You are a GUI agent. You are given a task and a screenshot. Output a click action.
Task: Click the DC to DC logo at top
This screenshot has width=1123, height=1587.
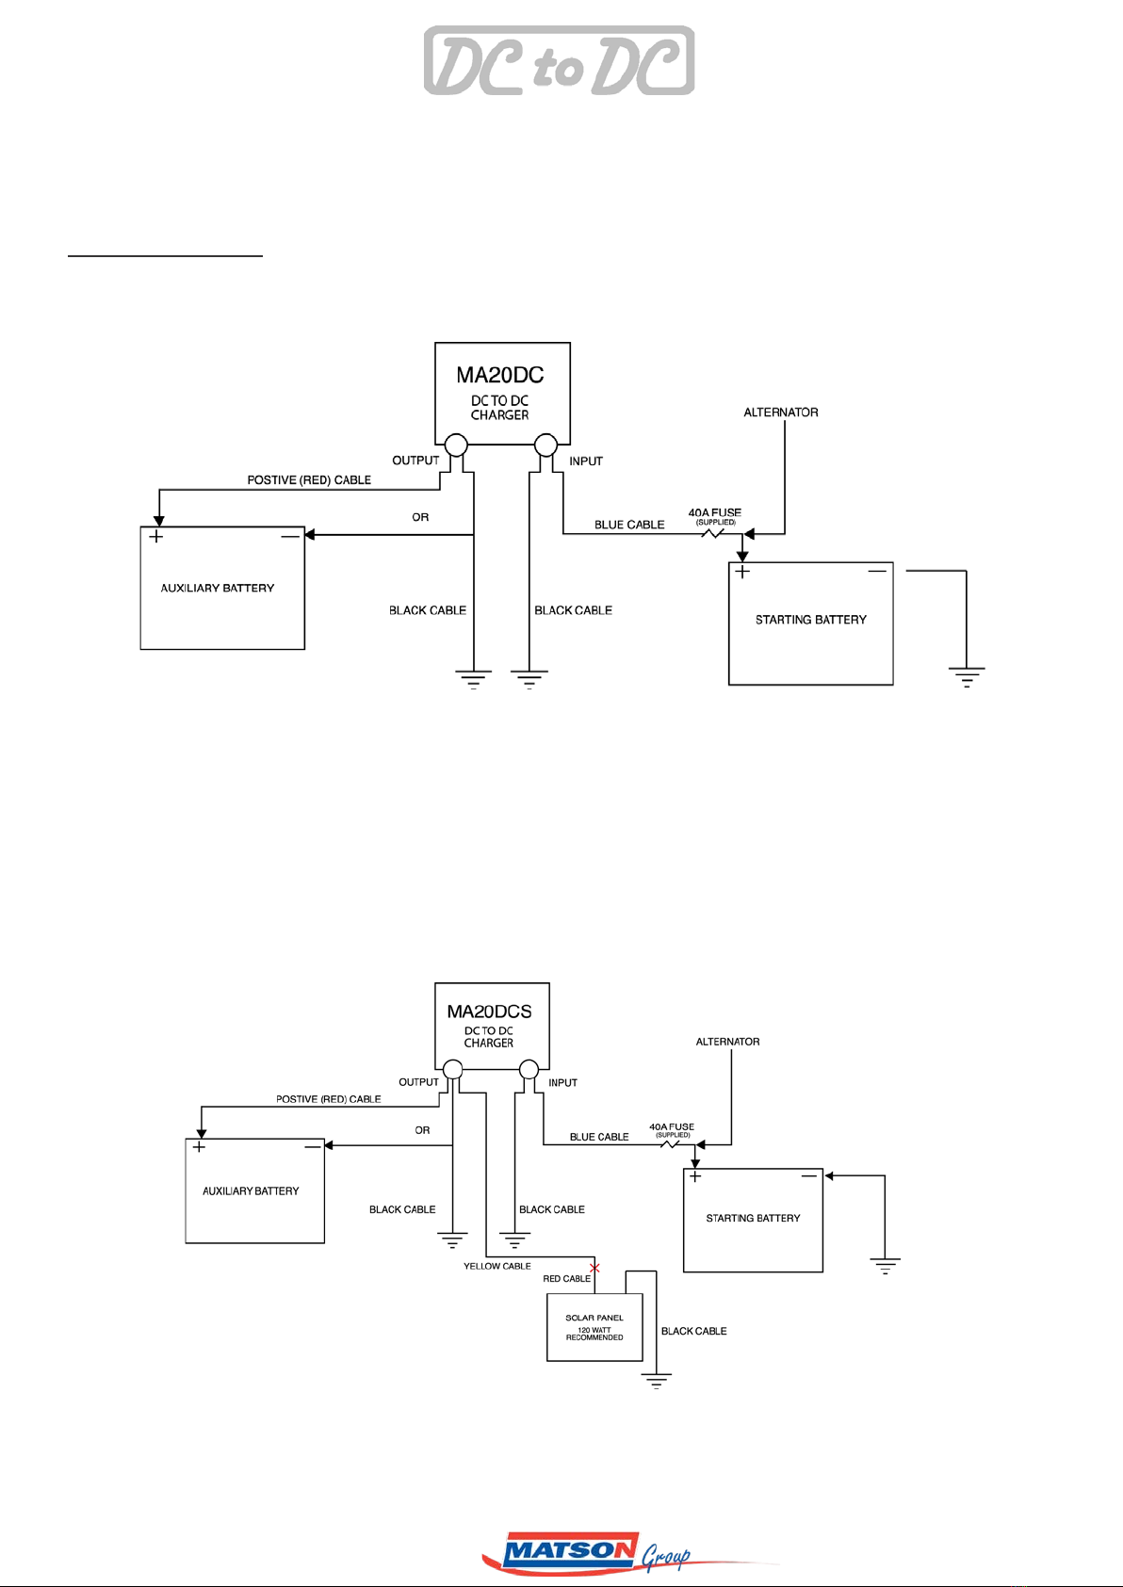click(559, 60)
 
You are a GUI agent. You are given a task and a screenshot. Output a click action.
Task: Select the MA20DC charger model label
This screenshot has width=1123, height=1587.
click(499, 375)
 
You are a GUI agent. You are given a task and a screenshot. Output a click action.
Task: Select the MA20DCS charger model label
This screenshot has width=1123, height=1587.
click(489, 1011)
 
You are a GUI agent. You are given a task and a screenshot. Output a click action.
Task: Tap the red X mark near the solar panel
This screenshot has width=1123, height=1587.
click(594, 1268)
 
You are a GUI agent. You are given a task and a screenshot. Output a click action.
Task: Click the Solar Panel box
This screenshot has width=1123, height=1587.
click(594, 1327)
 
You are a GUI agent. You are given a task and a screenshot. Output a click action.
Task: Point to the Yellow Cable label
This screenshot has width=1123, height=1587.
click(496, 1266)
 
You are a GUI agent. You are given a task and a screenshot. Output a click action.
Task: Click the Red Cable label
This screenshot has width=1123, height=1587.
click(566, 1279)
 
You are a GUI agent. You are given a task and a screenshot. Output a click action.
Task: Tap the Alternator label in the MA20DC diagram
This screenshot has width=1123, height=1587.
click(781, 413)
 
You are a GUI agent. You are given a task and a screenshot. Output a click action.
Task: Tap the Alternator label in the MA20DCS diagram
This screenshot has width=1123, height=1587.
click(727, 1042)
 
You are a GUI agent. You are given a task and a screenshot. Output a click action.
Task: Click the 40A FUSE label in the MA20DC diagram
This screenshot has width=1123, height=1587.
click(715, 512)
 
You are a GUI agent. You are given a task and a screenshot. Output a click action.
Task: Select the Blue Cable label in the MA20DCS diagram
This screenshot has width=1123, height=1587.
click(598, 1137)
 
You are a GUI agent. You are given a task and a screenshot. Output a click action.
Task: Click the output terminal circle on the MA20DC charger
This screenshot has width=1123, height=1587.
click(456, 445)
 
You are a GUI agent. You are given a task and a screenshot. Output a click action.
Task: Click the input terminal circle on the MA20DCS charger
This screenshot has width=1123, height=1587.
click(529, 1069)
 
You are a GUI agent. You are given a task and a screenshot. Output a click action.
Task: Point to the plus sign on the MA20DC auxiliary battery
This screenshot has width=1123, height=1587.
click(155, 536)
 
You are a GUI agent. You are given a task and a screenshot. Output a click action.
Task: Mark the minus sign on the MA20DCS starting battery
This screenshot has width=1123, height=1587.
click(809, 1176)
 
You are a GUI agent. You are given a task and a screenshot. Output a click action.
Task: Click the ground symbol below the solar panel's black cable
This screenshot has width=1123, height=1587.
click(656, 1381)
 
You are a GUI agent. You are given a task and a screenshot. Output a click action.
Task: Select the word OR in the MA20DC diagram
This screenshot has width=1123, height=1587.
click(420, 517)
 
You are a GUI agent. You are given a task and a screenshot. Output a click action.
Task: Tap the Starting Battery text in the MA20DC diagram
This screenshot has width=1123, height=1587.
click(810, 620)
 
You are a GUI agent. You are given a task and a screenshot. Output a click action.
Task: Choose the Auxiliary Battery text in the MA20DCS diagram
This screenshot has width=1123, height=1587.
click(251, 1191)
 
